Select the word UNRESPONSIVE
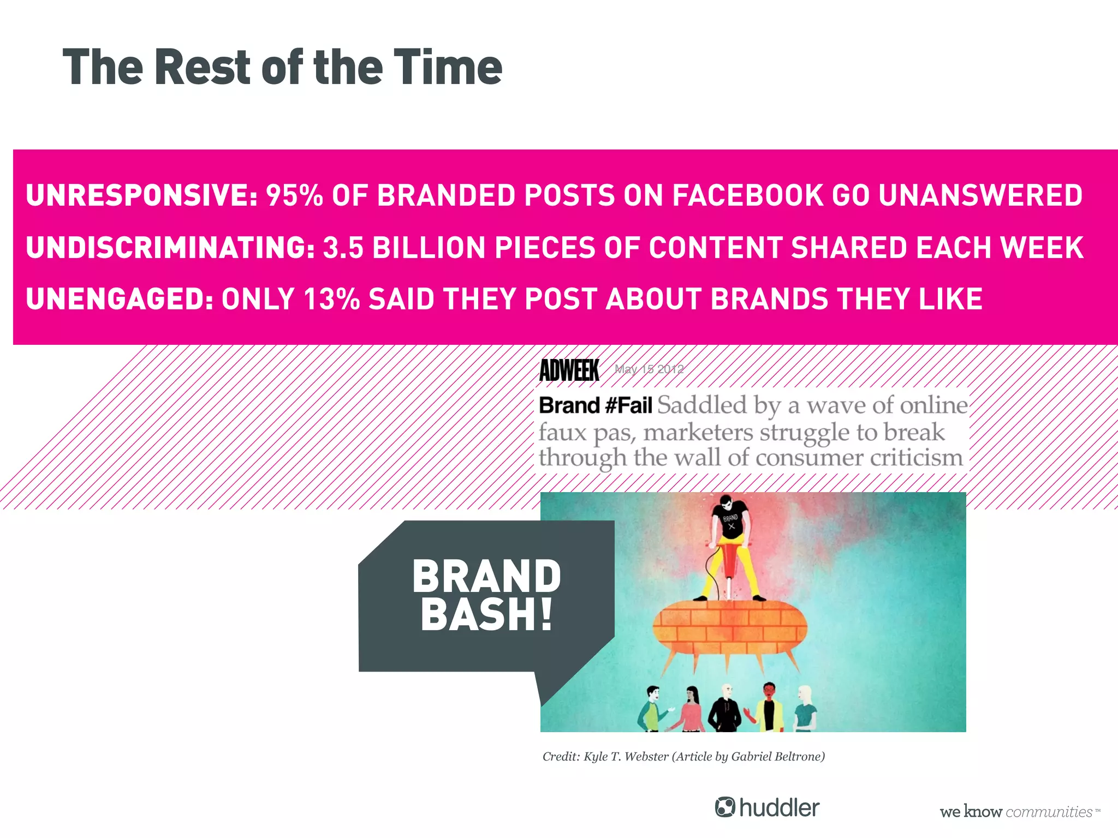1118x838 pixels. point(141,195)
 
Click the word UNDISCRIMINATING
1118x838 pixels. point(170,248)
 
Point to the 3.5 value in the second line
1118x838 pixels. point(343,248)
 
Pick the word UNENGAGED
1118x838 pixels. point(119,299)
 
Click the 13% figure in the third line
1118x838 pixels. point(331,299)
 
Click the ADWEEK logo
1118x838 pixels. point(569,370)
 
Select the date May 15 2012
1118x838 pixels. point(649,369)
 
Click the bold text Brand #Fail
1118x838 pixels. point(595,406)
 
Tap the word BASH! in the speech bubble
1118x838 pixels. point(486,615)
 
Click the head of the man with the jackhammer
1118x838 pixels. point(725,502)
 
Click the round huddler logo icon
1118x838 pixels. point(725,807)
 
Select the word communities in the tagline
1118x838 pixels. point(1048,812)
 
